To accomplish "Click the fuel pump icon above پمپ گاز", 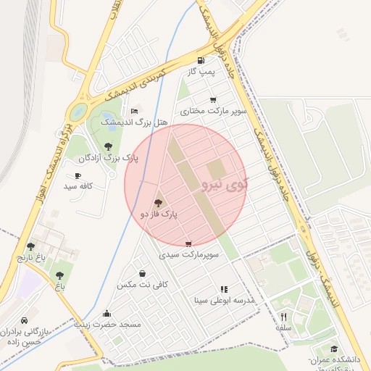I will click(200, 61).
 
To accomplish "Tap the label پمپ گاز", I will click(199, 73).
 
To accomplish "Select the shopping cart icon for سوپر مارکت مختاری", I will click(212, 100).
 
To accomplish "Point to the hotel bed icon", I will click(134, 111).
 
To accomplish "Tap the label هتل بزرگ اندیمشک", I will click(142, 124).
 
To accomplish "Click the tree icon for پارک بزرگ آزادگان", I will click(108, 146).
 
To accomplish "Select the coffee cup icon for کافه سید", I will click(78, 175).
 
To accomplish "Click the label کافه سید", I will click(79, 187).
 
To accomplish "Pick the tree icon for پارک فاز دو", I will click(159, 203).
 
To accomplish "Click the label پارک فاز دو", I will click(159, 214).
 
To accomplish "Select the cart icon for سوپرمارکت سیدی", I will click(189, 244).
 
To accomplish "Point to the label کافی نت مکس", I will click(142, 285).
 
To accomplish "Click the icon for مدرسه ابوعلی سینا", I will click(224, 288).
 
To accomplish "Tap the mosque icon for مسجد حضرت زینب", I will click(107, 314).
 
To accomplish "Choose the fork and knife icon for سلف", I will click(283, 317).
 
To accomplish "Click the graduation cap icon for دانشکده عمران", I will click(334, 349).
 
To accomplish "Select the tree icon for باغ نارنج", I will click(30, 246).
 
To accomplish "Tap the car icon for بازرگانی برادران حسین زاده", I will click(25, 321).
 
